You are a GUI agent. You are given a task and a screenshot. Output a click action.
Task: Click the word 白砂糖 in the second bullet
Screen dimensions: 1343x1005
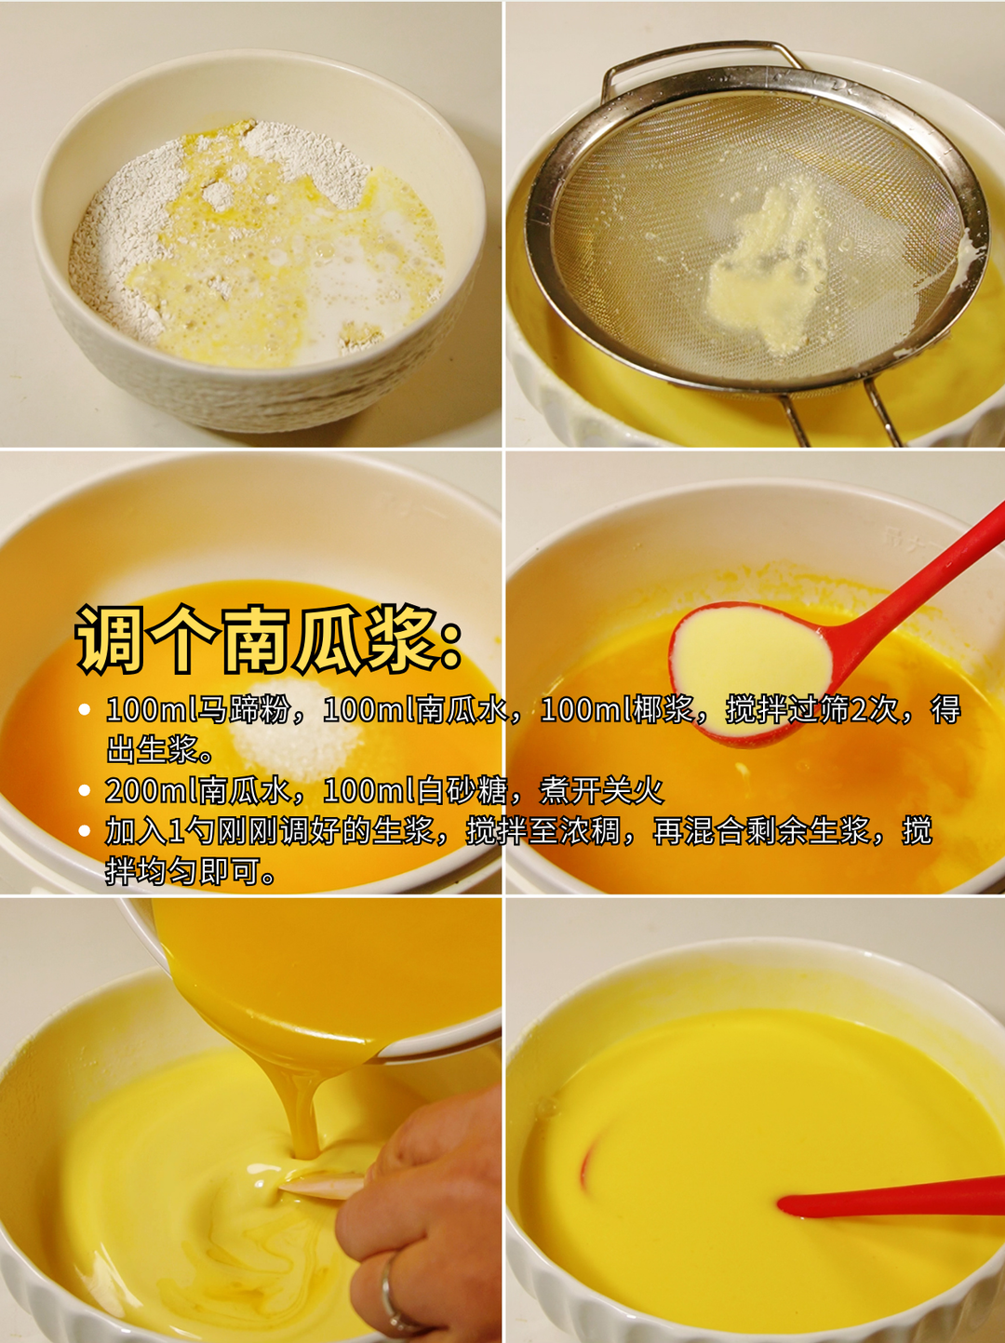pos(462,791)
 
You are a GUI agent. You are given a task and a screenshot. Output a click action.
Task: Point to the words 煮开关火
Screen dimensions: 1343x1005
pos(602,791)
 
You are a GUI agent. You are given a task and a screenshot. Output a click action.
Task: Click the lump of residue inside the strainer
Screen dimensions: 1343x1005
pos(768,270)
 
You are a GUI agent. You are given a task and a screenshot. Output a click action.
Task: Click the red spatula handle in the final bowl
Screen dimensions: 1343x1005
pos(893,1201)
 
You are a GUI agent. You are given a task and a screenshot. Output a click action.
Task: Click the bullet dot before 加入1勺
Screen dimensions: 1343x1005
pos(85,831)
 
